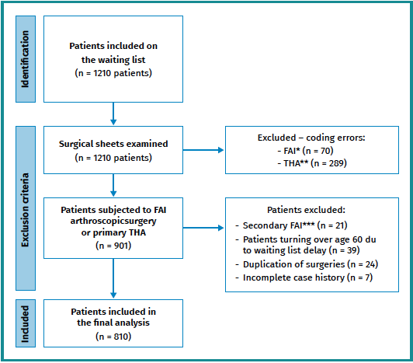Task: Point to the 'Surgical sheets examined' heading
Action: click(113, 144)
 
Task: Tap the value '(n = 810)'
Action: click(114, 337)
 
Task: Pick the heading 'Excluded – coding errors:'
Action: click(310, 138)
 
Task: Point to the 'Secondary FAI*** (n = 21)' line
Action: click(296, 225)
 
